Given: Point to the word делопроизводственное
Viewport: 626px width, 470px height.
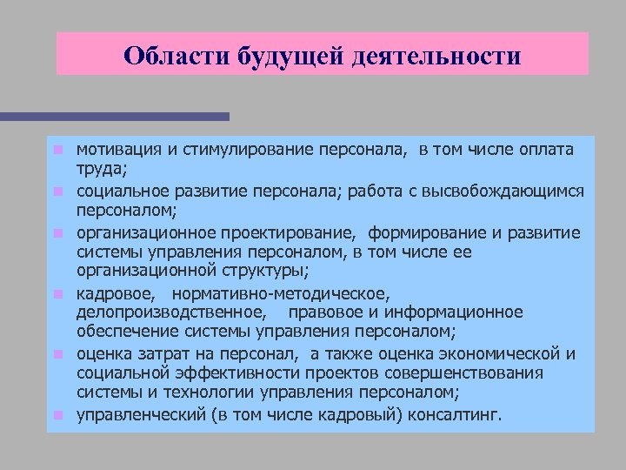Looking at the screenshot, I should [x=171, y=312].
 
